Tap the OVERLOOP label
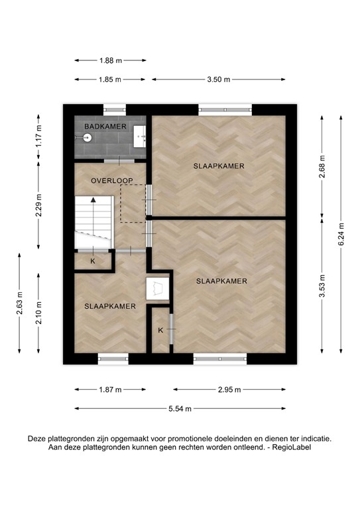(112, 180)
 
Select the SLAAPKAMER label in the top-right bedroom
(219, 165)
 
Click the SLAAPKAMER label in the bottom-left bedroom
(110, 306)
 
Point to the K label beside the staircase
(93, 261)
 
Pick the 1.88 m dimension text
(111, 60)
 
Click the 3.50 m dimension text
(218, 80)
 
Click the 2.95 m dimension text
(229, 390)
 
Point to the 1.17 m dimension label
(38, 137)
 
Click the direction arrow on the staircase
(93, 199)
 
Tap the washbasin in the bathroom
(140, 137)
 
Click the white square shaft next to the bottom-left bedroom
(158, 289)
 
